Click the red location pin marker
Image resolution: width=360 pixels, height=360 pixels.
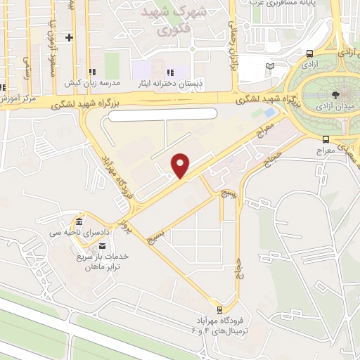181,166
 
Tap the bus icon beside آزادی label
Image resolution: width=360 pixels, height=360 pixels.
310,53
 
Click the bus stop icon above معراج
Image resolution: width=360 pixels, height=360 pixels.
325,139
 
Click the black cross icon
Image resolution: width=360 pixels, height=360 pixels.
69,37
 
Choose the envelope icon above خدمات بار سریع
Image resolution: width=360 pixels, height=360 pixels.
103,245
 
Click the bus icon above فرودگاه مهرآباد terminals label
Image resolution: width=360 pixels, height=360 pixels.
220,309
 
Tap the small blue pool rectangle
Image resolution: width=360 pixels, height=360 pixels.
269,112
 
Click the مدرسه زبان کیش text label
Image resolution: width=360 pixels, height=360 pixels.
92,83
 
